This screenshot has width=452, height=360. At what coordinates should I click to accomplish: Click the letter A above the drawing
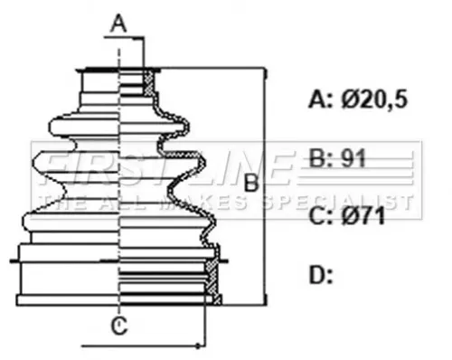click(x=118, y=24)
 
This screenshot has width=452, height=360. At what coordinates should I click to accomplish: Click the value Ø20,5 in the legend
click(x=373, y=99)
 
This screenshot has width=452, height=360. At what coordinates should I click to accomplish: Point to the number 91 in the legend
click(x=352, y=159)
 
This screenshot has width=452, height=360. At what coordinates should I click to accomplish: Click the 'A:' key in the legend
click(x=321, y=99)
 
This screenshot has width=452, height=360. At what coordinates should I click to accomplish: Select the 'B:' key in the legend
click(x=321, y=159)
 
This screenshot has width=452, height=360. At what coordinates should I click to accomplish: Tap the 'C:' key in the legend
click(x=321, y=216)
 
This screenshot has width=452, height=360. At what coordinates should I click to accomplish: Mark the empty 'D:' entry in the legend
click(x=322, y=274)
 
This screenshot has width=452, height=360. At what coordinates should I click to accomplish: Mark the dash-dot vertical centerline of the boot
click(x=120, y=226)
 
